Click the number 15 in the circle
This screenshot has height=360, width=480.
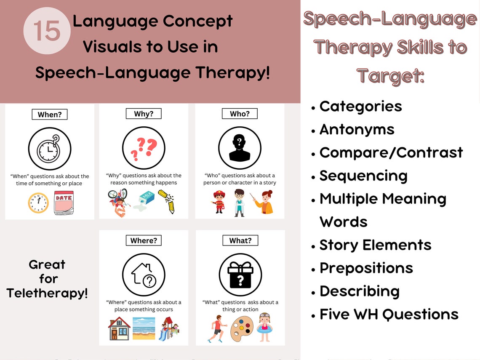coord(47,31)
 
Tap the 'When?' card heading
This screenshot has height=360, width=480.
coord(50,114)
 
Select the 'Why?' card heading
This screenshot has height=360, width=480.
coord(144,114)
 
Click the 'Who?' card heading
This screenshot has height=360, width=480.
coord(240,114)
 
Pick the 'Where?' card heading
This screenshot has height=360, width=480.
coord(144,240)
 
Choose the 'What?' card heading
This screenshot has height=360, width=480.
coord(240,240)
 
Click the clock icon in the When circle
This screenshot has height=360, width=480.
coord(50,149)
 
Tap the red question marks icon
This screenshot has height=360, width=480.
coord(144,149)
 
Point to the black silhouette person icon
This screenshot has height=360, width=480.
coord(240,149)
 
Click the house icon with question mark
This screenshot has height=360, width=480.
coord(144,275)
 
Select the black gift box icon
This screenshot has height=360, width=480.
coord(240,275)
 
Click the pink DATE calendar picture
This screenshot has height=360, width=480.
coord(64,203)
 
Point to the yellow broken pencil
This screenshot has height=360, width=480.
coord(166,201)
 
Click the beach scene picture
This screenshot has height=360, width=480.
coord(144,328)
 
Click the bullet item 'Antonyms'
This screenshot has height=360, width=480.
coord(357,129)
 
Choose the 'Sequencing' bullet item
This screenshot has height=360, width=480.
coord(363,176)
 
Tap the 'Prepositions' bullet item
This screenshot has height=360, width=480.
coord(366,268)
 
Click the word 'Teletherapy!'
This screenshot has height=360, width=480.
coord(47,293)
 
